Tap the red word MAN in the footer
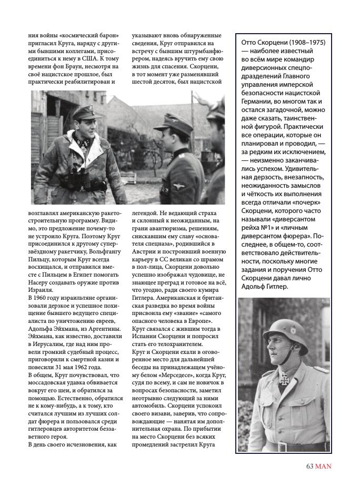323,466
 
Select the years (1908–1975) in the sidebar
302,42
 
